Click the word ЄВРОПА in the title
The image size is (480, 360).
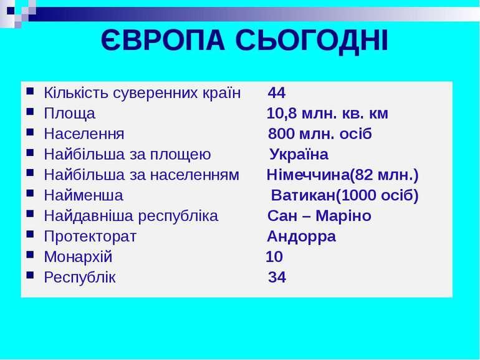click(163, 41)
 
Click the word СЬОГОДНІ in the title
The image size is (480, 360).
click(312, 41)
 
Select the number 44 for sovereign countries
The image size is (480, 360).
click(277, 92)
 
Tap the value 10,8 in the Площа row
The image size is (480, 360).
click(282, 114)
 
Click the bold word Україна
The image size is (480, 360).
click(299, 154)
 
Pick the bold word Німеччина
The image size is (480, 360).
click(308, 175)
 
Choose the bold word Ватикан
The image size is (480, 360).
click(303, 195)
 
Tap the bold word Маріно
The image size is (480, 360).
click(343, 216)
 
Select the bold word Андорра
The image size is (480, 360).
click(301, 236)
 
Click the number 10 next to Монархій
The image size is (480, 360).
click(274, 257)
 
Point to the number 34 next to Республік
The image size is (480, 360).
click(277, 277)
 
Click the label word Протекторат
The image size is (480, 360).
click(90, 236)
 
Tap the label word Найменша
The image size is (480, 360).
click(84, 195)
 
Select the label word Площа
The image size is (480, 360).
click(69, 114)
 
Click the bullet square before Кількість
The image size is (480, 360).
click(30, 91)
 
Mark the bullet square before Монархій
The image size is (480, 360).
click(30, 255)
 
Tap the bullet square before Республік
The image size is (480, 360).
click(30, 275)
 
